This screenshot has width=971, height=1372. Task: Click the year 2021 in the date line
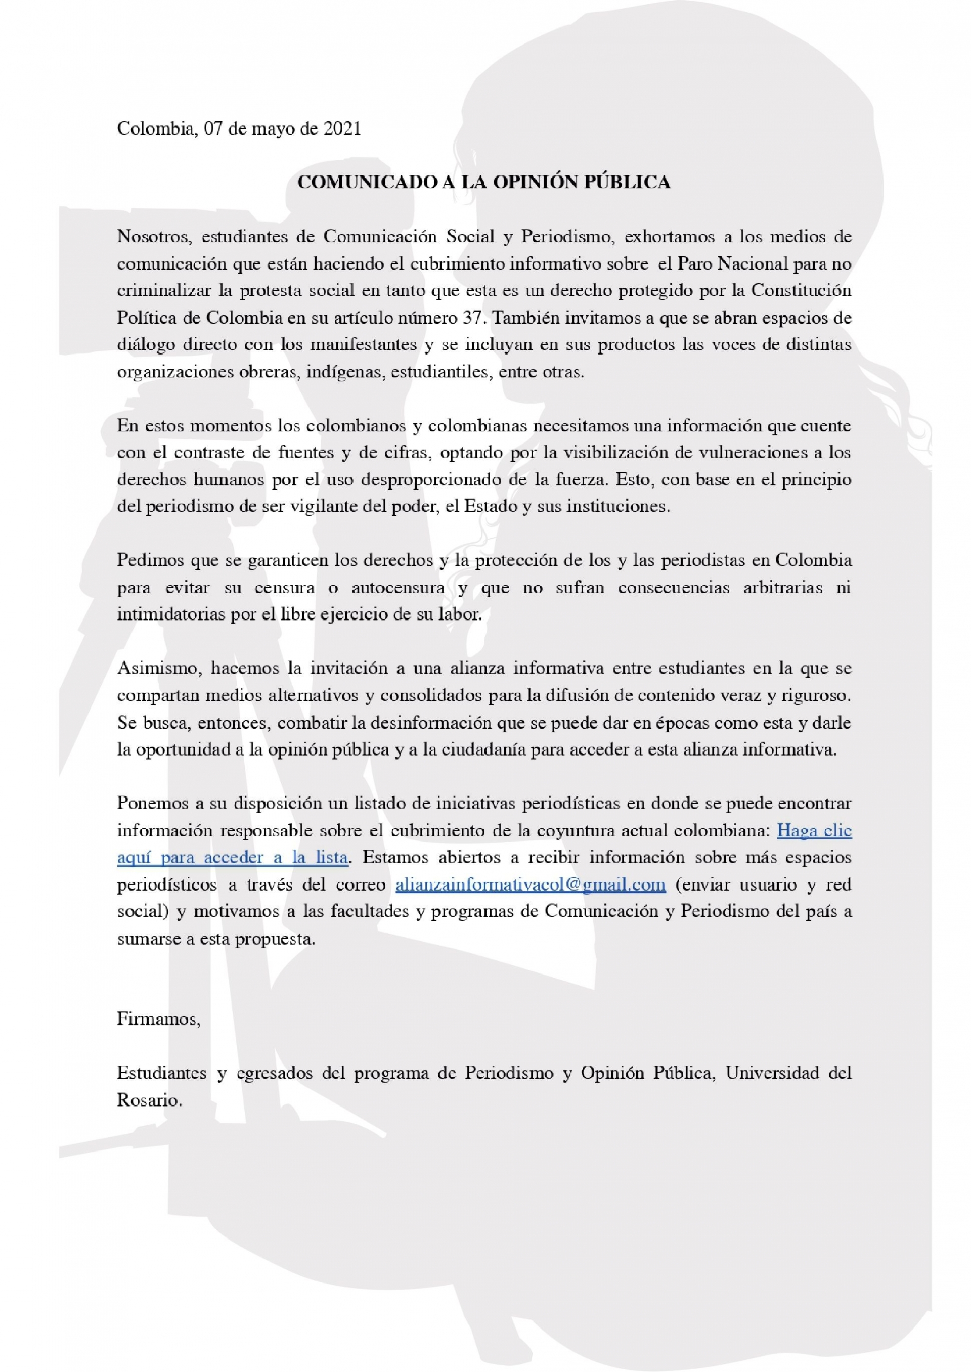[x=342, y=128]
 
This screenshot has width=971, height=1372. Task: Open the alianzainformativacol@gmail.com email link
[x=531, y=884]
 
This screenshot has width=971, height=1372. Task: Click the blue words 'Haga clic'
[x=814, y=830]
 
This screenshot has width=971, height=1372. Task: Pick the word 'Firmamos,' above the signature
[x=158, y=1019]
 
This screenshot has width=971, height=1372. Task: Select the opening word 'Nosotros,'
[x=154, y=237]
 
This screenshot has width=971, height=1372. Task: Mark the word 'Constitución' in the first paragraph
[x=801, y=291]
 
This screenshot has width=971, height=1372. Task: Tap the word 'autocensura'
[x=398, y=587]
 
